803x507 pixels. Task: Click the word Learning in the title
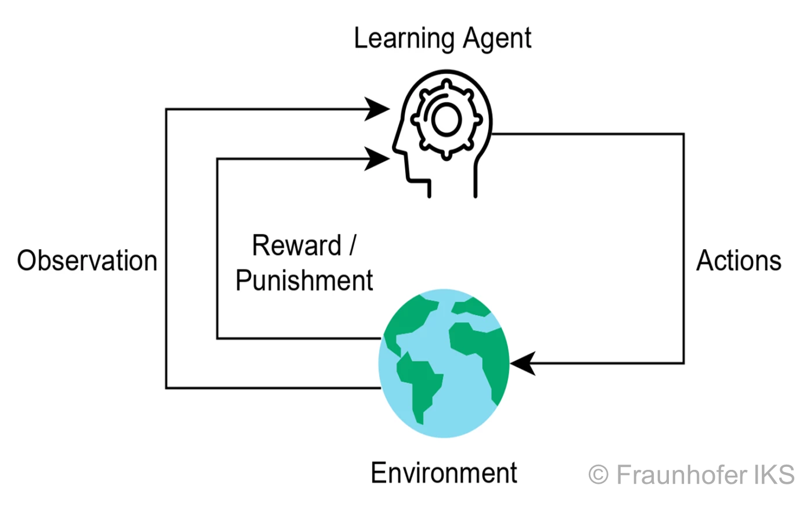click(x=404, y=39)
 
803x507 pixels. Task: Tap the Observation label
click(x=87, y=260)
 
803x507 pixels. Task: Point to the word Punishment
click(x=304, y=280)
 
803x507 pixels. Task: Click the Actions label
click(x=739, y=260)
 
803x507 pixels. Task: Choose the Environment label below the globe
click(x=444, y=473)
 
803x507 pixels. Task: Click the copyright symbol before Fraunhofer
click(x=598, y=474)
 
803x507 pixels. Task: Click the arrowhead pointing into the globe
click(x=523, y=363)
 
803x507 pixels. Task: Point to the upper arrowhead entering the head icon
click(x=377, y=109)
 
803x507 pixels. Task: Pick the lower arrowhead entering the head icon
click(x=377, y=159)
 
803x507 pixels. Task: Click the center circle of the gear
click(x=446, y=120)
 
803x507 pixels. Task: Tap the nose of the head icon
click(x=395, y=148)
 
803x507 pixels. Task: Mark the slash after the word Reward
click(x=352, y=245)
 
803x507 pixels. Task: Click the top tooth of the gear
click(x=446, y=84)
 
